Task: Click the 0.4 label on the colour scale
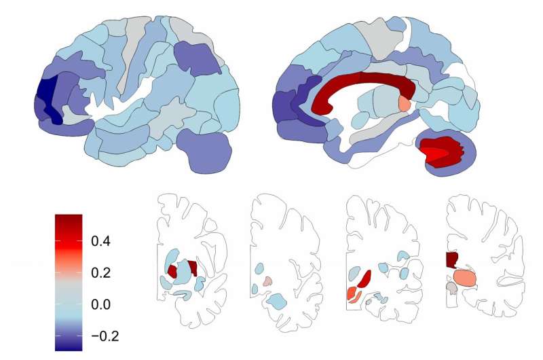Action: [100, 241]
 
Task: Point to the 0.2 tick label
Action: [100, 272]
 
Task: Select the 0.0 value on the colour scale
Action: [100, 304]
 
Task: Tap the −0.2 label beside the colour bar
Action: [105, 336]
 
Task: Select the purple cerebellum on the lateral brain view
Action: [204, 151]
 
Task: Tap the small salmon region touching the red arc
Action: [404, 103]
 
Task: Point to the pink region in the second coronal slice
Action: [267, 281]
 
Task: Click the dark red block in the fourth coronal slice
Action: [452, 259]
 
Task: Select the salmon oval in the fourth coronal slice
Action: [465, 278]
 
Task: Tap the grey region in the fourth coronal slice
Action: [451, 287]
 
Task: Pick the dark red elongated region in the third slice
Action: [364, 279]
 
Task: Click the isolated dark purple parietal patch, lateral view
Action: [197, 59]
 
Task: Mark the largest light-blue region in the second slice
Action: [277, 301]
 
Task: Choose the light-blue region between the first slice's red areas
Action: [183, 272]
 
